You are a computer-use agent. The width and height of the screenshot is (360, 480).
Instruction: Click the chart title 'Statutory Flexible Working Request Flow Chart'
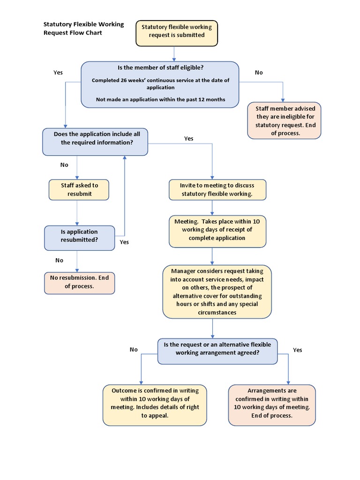tap(83, 29)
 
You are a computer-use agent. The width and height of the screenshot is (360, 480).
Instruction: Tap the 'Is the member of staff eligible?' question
tap(160, 68)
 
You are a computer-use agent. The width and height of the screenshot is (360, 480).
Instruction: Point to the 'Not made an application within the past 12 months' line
tap(160, 99)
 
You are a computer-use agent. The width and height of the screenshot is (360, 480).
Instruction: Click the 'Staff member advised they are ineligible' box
tap(285, 121)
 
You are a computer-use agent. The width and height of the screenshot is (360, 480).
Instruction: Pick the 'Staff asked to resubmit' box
tap(79, 189)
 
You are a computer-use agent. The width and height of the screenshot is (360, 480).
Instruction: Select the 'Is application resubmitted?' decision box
tap(79, 236)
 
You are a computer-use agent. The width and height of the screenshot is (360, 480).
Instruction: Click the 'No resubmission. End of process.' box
tap(79, 282)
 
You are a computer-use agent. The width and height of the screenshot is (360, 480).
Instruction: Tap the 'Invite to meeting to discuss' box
tap(217, 190)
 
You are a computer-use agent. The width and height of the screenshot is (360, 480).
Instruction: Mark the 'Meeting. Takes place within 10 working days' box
tap(217, 230)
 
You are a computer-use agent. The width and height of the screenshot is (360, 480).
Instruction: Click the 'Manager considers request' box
tap(217, 292)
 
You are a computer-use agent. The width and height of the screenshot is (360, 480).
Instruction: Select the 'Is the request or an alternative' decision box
tap(217, 349)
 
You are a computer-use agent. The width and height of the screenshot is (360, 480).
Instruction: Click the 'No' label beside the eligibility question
tap(259, 73)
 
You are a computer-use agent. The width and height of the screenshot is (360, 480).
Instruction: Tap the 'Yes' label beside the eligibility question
tap(58, 73)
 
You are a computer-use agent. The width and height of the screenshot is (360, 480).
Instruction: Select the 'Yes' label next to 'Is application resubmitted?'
tap(124, 242)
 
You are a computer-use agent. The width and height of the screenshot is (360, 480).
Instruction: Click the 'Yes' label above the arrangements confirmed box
tap(297, 350)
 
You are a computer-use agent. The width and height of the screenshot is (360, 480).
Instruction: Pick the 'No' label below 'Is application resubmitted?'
tap(59, 260)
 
